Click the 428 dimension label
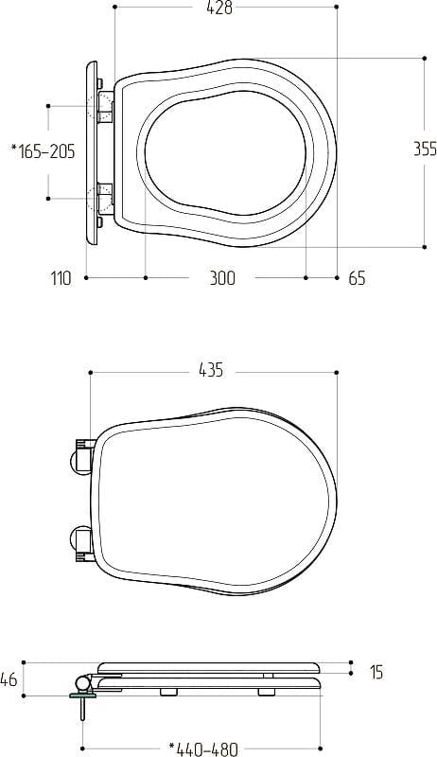tap(219, 9)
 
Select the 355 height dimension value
tap(425, 150)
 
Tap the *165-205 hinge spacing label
tap(44, 151)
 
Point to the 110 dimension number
tap(61, 278)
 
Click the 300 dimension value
tap(222, 278)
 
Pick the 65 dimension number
tap(357, 278)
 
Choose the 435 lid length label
tap(211, 370)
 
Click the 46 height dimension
tap(9, 679)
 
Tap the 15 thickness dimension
tap(376, 672)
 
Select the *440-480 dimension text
tap(203, 749)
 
